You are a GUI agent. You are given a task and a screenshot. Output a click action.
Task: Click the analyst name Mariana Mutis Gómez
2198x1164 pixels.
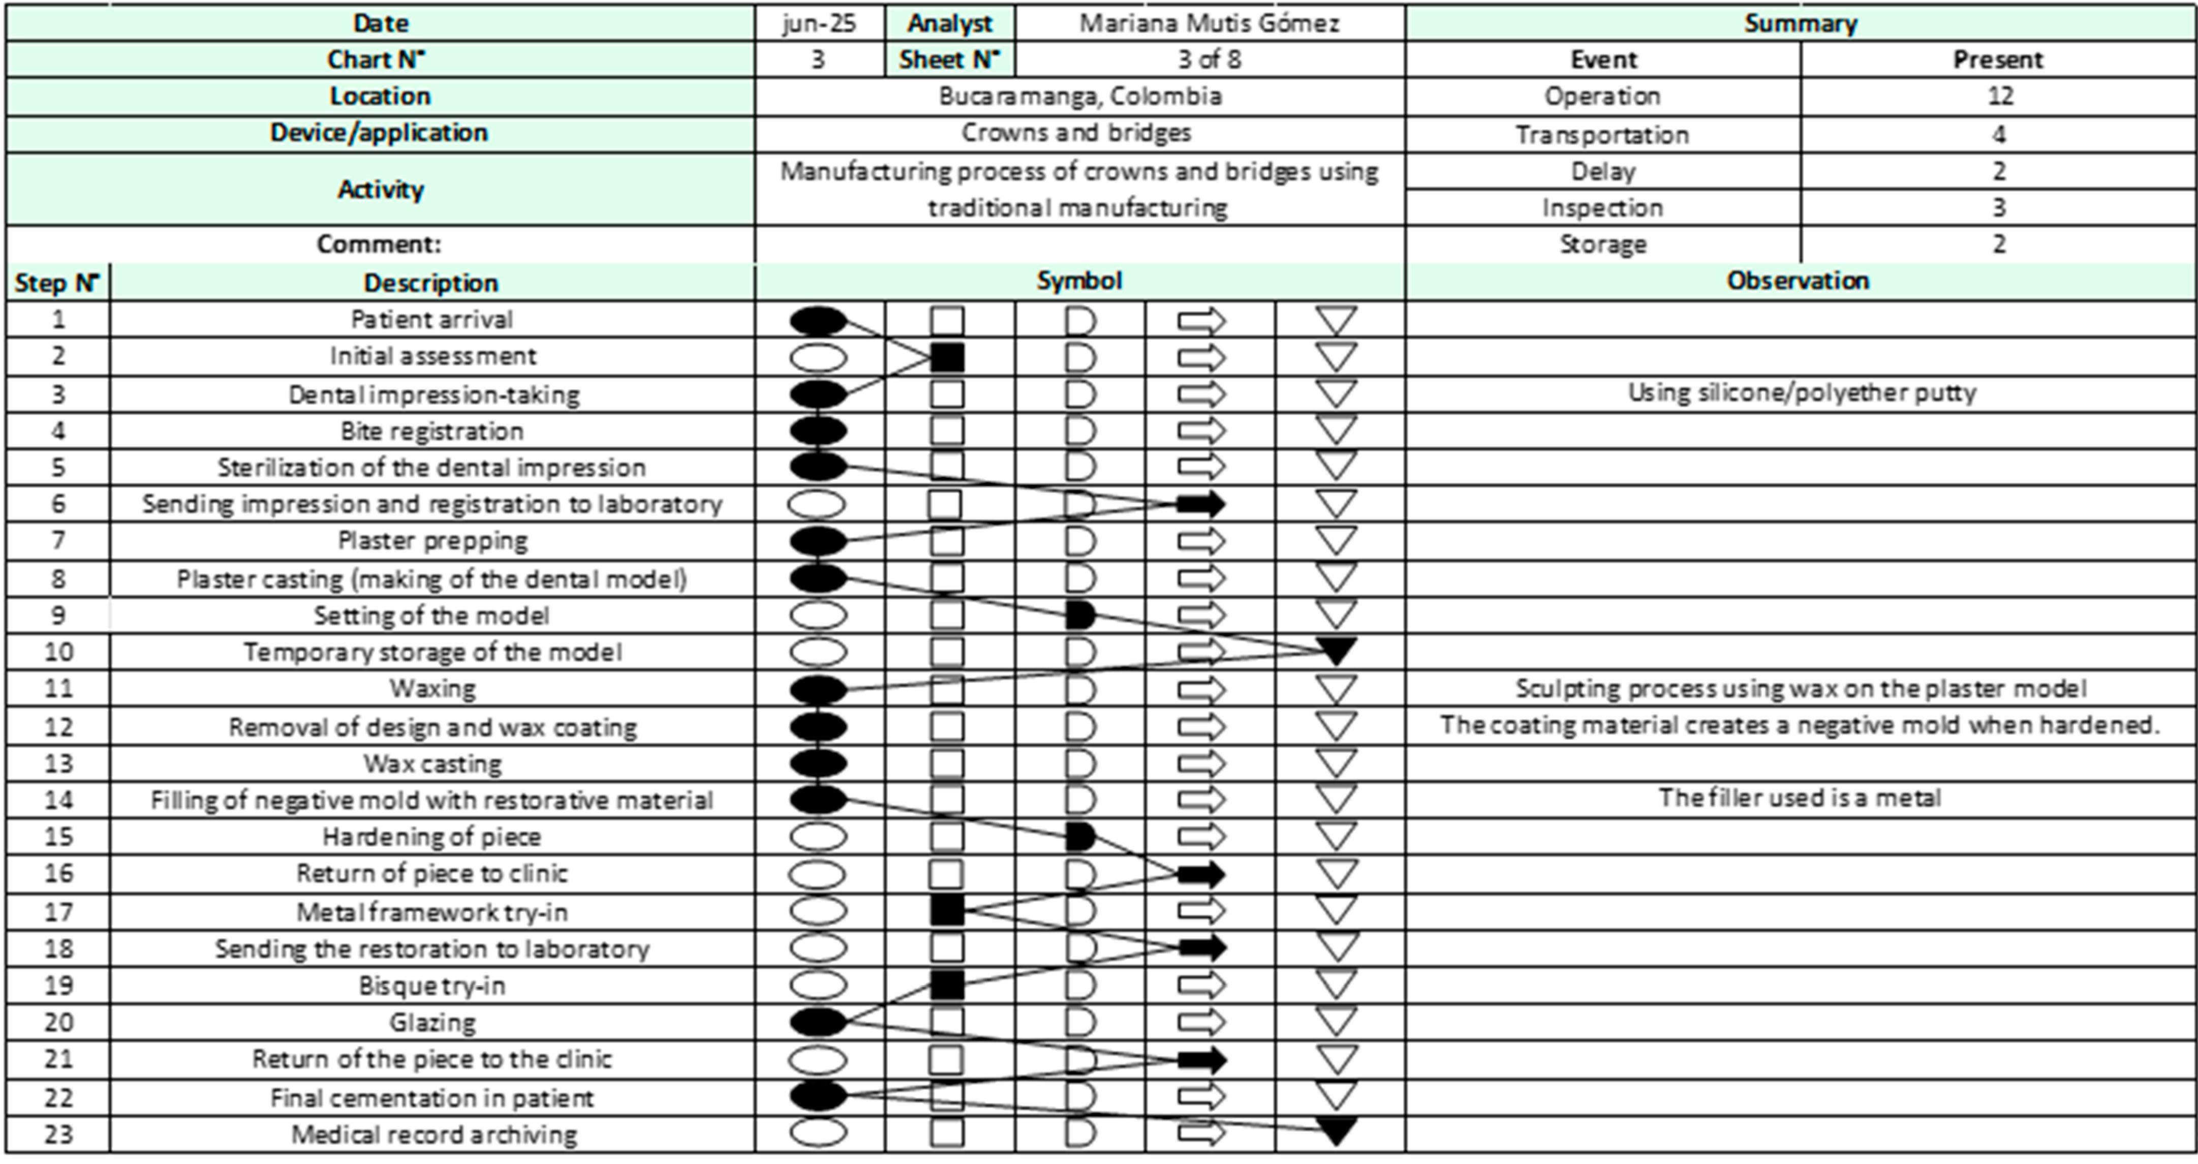1209,23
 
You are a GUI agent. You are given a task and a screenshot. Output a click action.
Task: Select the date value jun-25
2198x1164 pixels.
818,23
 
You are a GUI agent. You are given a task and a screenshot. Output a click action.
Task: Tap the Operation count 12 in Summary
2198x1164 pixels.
1999,96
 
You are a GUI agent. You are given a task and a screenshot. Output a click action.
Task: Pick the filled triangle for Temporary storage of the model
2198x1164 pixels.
1336,651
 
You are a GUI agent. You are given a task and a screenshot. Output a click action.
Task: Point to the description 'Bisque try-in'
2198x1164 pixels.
432,986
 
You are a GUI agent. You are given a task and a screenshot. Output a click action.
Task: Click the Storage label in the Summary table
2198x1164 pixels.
1602,244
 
